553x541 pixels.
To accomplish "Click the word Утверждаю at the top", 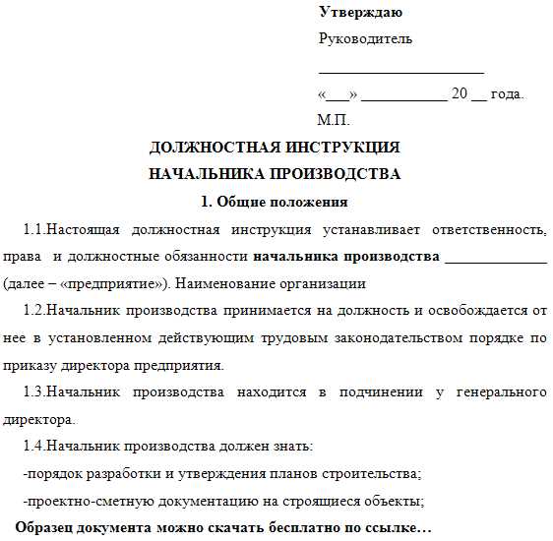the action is pos(360,13).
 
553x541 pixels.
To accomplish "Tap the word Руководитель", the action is pos(365,39).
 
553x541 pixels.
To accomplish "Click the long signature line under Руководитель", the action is pos(400,72).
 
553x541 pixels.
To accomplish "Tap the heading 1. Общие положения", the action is pos(275,203).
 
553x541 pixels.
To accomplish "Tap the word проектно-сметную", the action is pos(83,502).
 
